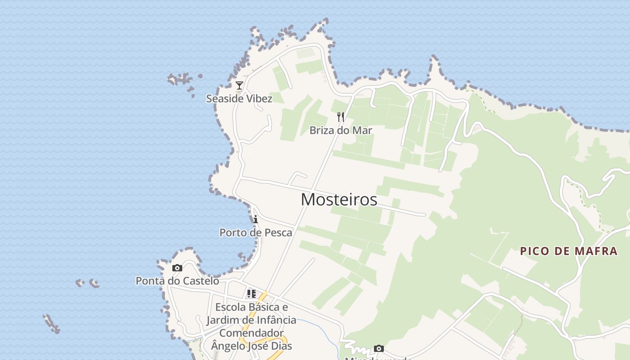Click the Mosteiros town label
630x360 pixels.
click(x=339, y=199)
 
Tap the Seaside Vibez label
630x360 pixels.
click(x=239, y=99)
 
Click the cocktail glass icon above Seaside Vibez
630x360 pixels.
click(x=239, y=85)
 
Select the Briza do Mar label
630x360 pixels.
click(x=341, y=130)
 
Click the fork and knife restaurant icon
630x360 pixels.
click(x=341, y=117)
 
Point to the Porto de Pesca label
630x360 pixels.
click(x=256, y=233)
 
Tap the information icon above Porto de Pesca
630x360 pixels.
click(x=256, y=220)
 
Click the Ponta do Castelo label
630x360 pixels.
click(x=177, y=281)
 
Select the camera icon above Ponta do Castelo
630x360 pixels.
click(x=177, y=268)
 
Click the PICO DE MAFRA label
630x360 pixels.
click(x=569, y=251)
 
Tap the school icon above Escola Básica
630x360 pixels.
click(x=251, y=294)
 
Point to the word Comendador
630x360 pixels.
click(x=251, y=333)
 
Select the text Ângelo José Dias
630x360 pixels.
click(x=252, y=346)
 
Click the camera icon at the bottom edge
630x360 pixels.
click(x=379, y=349)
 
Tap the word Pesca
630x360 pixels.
click(x=279, y=233)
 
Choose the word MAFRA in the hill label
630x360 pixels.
click(x=595, y=251)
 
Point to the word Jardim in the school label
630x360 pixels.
click(x=223, y=320)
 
